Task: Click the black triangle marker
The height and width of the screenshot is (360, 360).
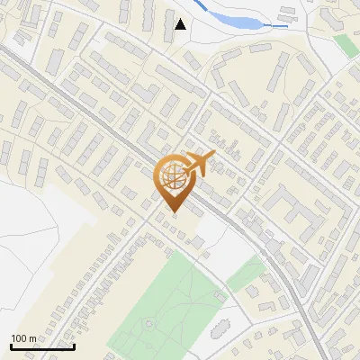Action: [181, 24]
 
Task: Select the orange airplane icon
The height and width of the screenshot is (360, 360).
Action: [199, 163]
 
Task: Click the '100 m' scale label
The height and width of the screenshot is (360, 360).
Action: [24, 338]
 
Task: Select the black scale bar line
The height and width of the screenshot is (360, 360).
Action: [41, 346]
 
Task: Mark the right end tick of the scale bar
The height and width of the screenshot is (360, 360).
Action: [73, 345]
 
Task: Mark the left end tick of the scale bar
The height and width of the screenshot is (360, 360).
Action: [10, 345]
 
